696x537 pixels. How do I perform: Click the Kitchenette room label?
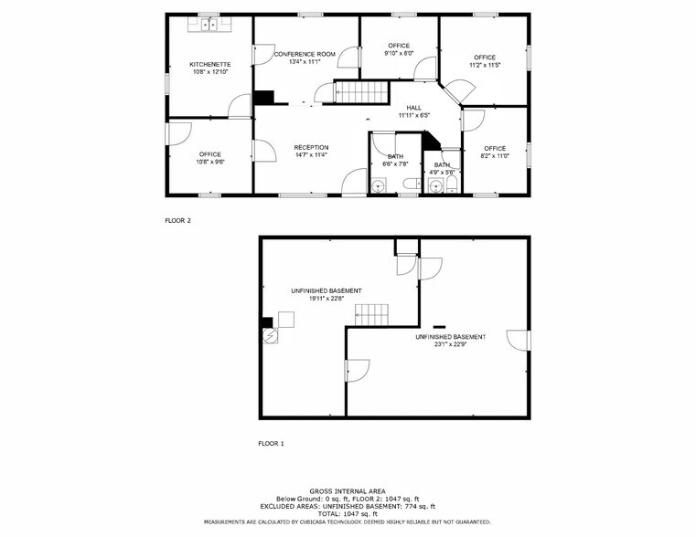coord(209,64)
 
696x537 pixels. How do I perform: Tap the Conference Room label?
coord(305,55)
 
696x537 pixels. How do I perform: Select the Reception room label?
coord(311,147)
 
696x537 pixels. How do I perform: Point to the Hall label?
coord(414,108)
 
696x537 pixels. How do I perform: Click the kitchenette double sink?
coord(208,25)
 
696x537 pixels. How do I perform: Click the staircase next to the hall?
coord(361,92)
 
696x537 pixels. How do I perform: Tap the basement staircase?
coord(372,315)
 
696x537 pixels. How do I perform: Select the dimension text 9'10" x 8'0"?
coord(399,53)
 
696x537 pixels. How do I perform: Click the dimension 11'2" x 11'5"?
coord(484,65)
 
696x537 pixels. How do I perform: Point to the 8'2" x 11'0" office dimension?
coord(495,156)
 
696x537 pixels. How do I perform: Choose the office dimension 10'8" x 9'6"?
coord(209,162)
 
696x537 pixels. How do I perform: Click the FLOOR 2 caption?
coord(177,220)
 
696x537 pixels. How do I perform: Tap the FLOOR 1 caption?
coord(271,443)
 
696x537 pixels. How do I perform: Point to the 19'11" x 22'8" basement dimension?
coord(319,299)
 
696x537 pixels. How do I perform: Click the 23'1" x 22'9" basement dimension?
coord(451,344)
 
